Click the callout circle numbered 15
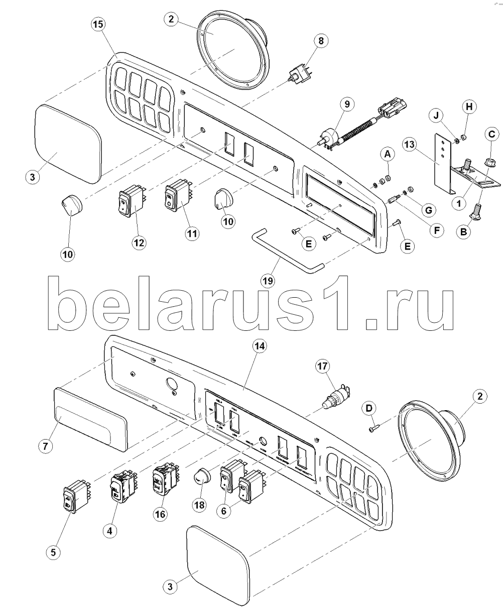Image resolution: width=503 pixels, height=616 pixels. pos(99,25)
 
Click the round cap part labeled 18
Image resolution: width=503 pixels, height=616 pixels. pos(202,477)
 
